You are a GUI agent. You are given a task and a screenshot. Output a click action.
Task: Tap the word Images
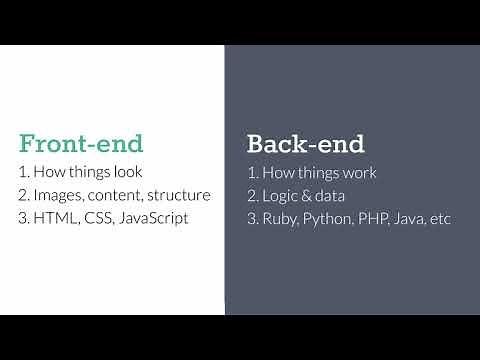pyautogui.click(x=59, y=195)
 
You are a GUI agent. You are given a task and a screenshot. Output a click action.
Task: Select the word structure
pyautogui.click(x=179, y=195)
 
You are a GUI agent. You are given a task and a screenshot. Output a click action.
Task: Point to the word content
pyautogui.click(x=116, y=195)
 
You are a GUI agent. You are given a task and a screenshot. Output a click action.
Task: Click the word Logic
pyautogui.click(x=280, y=195)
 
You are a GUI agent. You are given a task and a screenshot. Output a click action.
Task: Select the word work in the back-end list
pyautogui.click(x=356, y=172)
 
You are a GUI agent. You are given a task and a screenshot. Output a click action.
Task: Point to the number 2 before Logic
pyautogui.click(x=250, y=195)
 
